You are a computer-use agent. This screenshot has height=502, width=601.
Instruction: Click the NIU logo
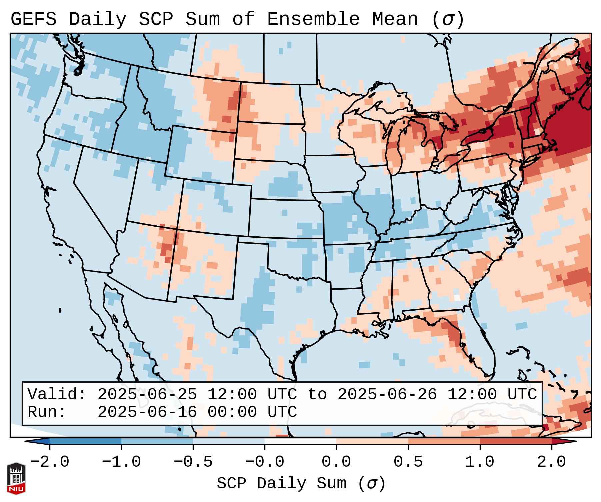tap(16, 478)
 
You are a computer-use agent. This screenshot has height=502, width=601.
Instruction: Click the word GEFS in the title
tap(33, 19)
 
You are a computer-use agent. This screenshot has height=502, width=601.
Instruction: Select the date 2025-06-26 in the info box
tap(387, 395)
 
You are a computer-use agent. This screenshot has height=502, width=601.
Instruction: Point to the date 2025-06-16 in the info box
tap(147, 412)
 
